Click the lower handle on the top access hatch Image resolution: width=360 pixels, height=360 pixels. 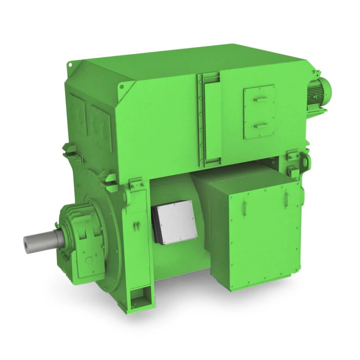click(260, 125)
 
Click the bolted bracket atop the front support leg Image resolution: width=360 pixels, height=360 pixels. click(138, 183)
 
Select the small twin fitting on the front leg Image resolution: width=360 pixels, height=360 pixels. click(137, 225)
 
